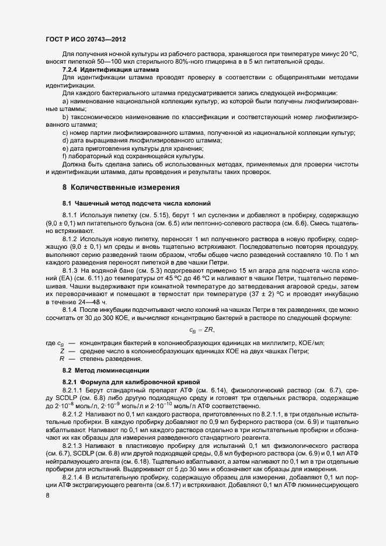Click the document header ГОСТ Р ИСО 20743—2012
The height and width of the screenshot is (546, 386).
pyautogui.click(x=85, y=38)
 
